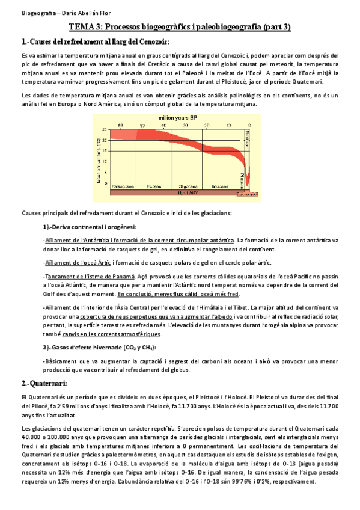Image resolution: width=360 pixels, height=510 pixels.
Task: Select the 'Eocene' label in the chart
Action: tap(153, 186)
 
